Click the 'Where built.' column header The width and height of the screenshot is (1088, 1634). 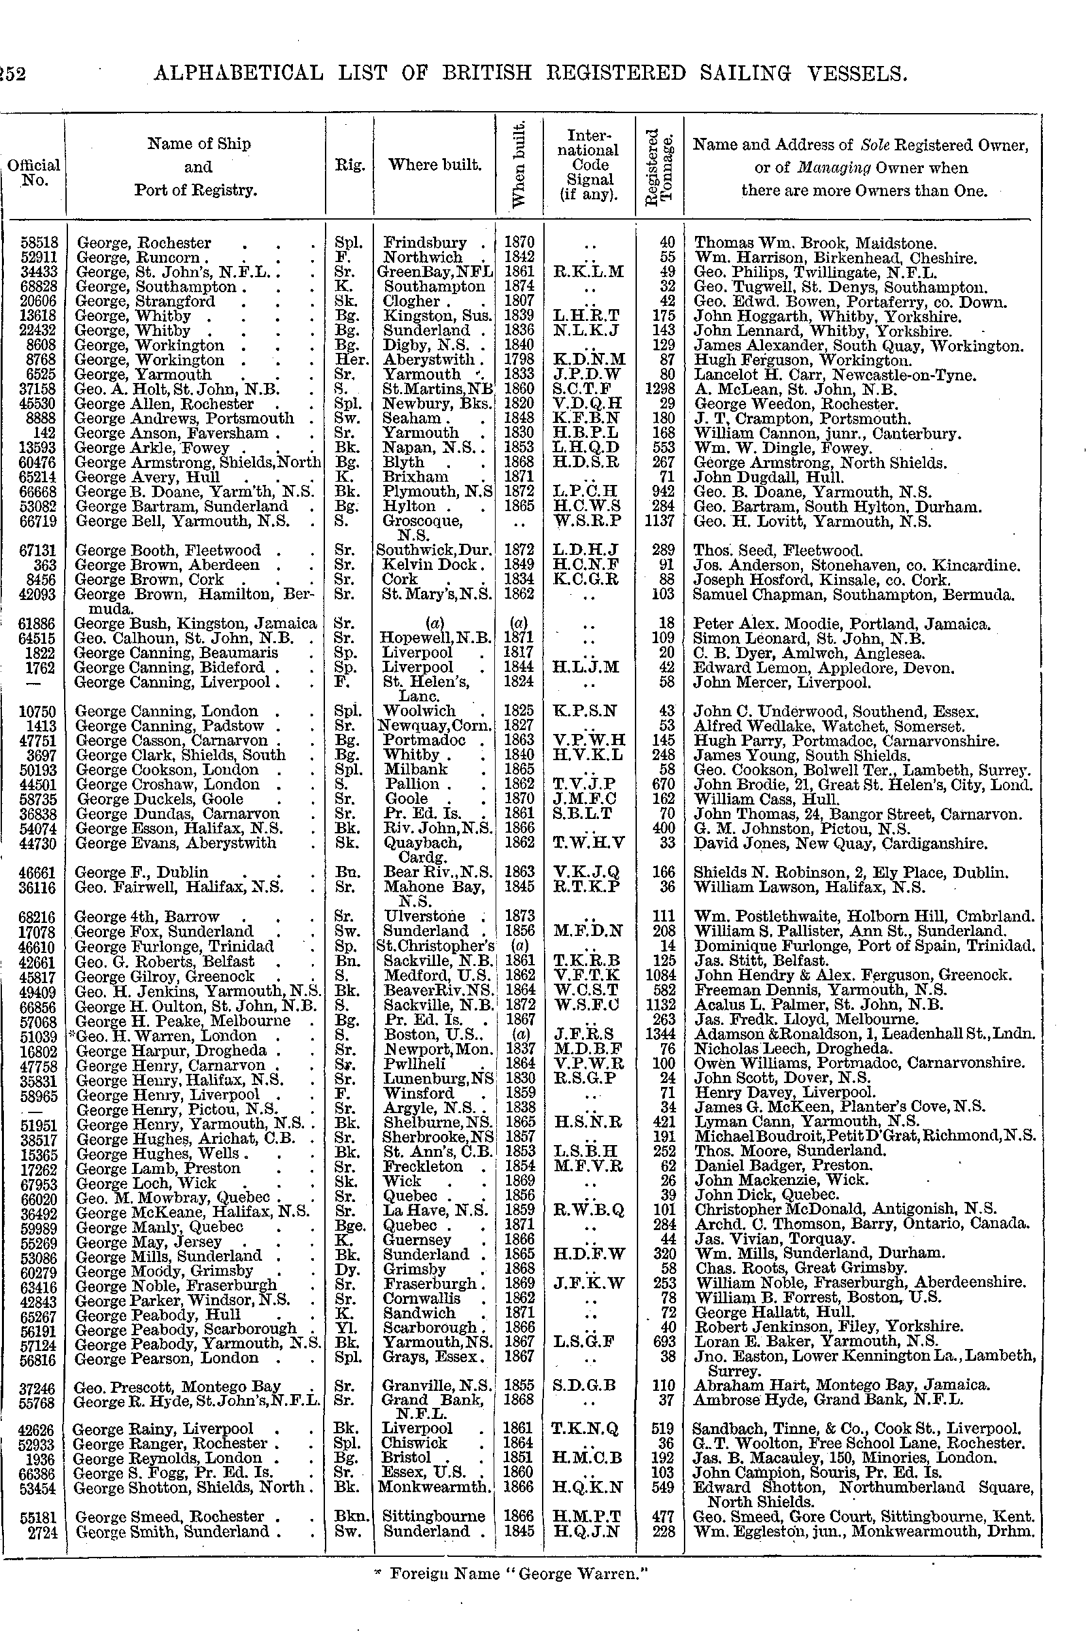tap(435, 165)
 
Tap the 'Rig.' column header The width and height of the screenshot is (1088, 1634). tap(350, 165)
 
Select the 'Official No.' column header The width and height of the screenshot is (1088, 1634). tap(33, 173)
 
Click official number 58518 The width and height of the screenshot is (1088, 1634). tap(39, 242)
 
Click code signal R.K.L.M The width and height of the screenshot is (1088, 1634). tap(589, 272)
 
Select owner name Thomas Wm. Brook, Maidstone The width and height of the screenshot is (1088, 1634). tap(815, 242)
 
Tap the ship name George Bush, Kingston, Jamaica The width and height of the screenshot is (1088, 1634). tap(195, 624)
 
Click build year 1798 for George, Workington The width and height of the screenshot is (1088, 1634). tap(520, 360)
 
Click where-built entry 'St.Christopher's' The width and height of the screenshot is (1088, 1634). tap(435, 946)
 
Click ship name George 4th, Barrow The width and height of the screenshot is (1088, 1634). tap(147, 916)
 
